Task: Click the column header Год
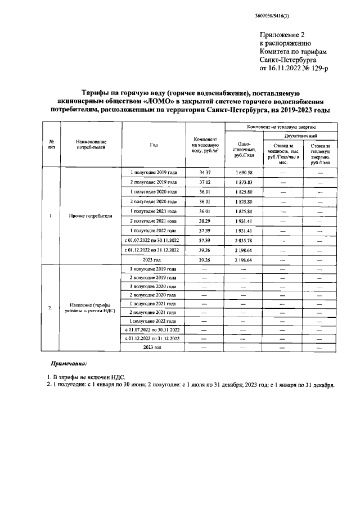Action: pyautogui.click(x=154, y=145)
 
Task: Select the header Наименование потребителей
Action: pyautogui.click(x=91, y=145)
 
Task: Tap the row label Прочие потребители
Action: pyautogui.click(x=91, y=216)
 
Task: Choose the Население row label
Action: pyautogui.click(x=91, y=307)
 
